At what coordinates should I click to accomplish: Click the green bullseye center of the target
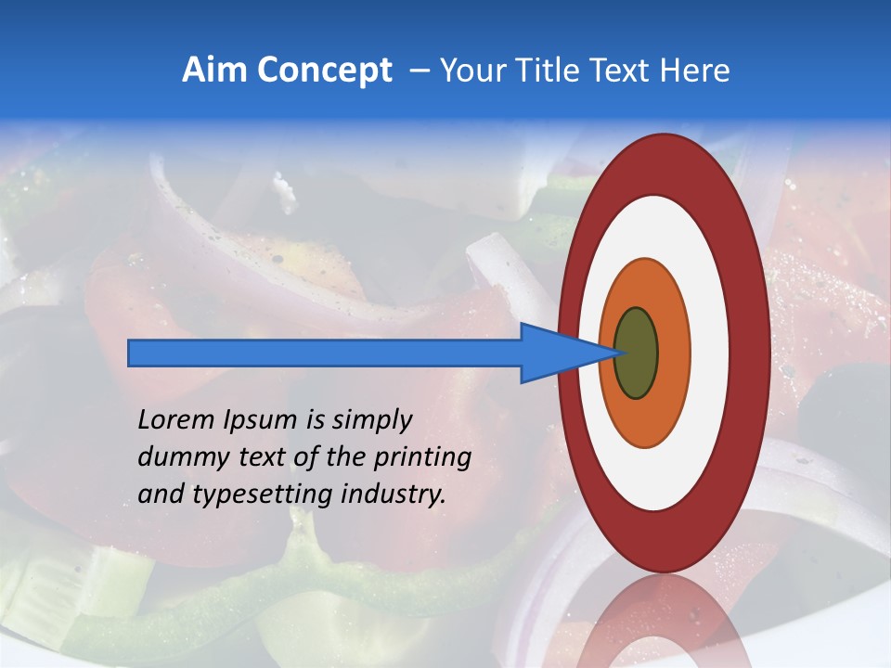point(636,353)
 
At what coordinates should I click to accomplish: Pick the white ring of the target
point(709,353)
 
